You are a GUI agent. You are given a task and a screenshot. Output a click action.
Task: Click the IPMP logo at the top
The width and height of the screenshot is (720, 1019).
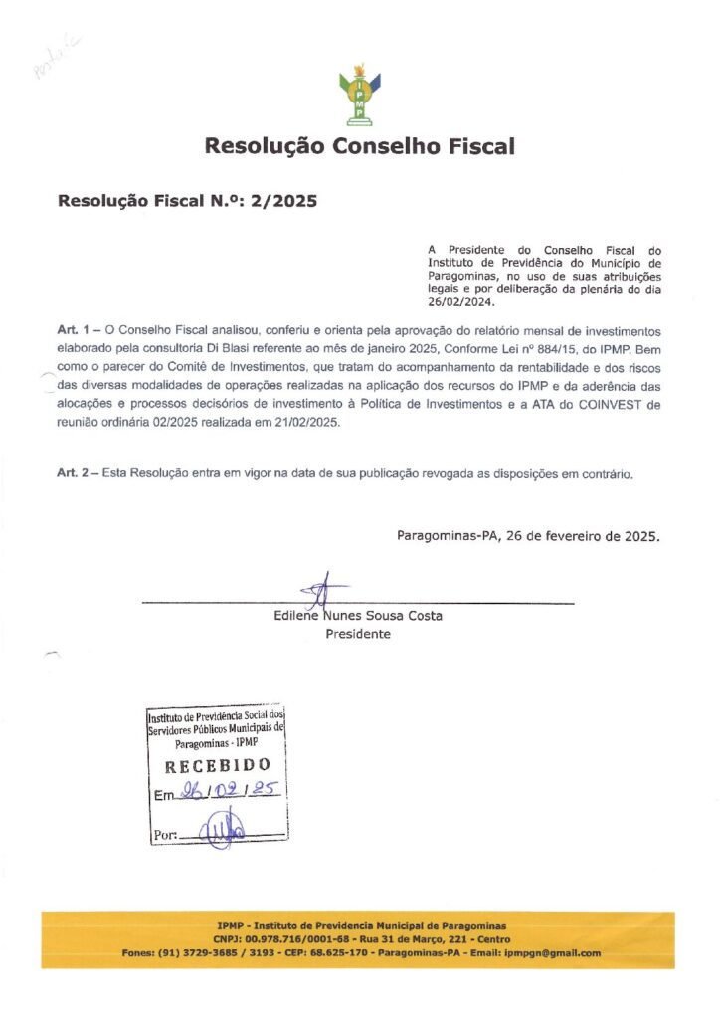pyautogui.click(x=359, y=96)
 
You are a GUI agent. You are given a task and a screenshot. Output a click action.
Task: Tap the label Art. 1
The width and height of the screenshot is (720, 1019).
pyautogui.click(x=76, y=328)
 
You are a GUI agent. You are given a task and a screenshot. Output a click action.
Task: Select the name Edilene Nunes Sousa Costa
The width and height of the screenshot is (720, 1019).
pyautogui.click(x=358, y=616)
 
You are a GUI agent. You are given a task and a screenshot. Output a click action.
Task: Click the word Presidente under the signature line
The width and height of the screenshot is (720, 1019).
pyautogui.click(x=358, y=634)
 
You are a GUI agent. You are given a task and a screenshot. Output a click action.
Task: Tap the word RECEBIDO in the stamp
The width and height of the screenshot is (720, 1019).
pyautogui.click(x=217, y=765)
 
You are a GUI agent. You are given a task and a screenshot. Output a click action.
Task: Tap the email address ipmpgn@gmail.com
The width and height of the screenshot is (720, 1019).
pyautogui.click(x=552, y=953)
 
